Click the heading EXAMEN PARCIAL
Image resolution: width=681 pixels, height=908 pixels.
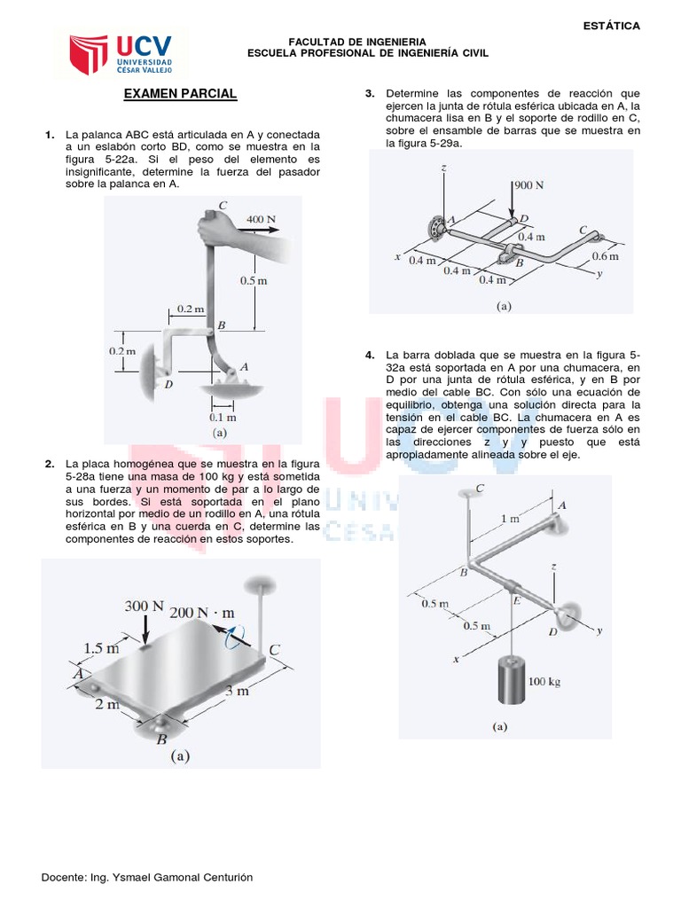180,93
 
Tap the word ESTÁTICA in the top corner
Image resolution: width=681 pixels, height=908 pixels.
611,26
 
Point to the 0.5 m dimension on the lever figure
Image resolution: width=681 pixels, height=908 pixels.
253,280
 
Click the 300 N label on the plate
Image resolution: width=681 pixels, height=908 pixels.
145,607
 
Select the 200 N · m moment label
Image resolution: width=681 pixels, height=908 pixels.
202,613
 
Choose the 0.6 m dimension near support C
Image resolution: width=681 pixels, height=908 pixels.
606,256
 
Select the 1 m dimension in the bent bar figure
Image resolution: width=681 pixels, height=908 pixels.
510,518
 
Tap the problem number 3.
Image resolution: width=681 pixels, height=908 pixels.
370,93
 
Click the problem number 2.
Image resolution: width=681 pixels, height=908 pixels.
50,464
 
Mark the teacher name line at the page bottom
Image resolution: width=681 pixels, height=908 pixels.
147,877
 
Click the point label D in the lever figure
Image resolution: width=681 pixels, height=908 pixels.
168,385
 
